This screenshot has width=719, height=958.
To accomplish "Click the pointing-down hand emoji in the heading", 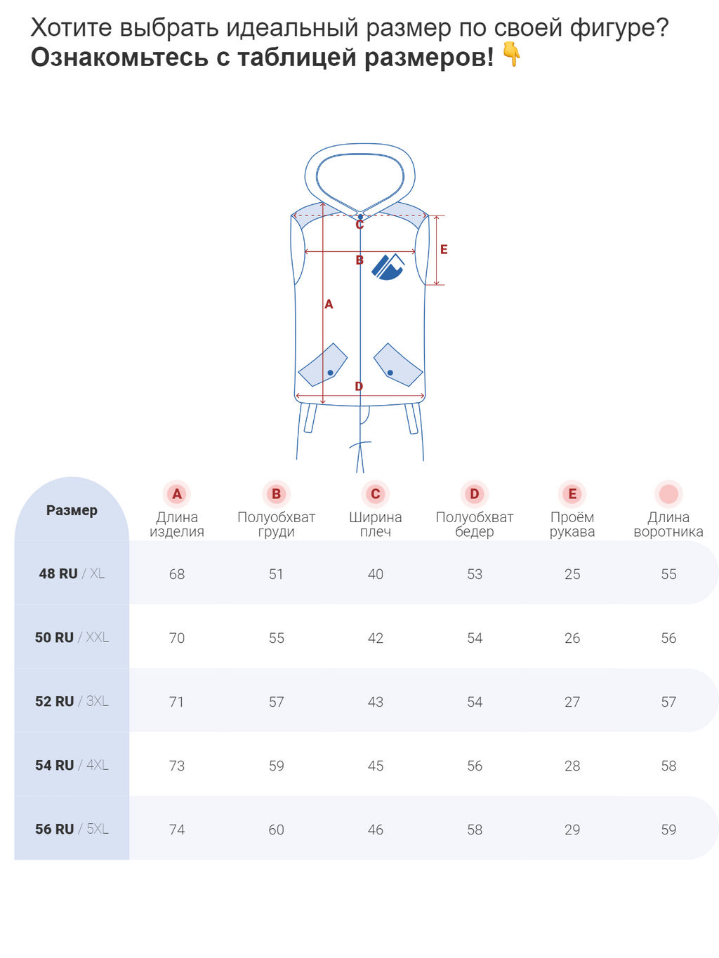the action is click(511, 55).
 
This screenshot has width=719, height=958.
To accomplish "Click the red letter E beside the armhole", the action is click(444, 249).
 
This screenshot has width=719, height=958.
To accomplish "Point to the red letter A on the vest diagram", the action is click(329, 304).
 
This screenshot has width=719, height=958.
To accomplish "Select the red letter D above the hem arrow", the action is click(359, 386).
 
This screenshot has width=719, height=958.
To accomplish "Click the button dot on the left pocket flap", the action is click(331, 373).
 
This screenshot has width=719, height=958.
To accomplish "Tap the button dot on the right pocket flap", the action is click(390, 373).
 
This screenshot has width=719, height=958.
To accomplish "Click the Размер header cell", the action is click(72, 510).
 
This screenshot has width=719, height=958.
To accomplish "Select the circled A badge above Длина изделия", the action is click(177, 493).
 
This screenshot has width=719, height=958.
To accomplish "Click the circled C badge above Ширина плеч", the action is click(376, 493).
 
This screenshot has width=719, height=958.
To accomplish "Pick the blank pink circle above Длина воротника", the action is click(668, 493).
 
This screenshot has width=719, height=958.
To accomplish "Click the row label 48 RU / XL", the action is click(72, 573).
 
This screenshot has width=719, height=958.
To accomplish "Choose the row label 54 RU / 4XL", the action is click(72, 765).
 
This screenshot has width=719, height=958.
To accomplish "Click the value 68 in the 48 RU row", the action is click(177, 574).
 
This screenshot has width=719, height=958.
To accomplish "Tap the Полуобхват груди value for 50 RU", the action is click(277, 638).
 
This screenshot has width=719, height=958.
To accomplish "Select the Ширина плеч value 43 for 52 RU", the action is click(376, 702).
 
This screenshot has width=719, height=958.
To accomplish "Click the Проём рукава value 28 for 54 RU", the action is click(572, 766).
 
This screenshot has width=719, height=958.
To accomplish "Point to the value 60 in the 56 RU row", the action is click(277, 830).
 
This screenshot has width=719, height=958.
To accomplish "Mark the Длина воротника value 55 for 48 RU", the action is click(668, 574).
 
